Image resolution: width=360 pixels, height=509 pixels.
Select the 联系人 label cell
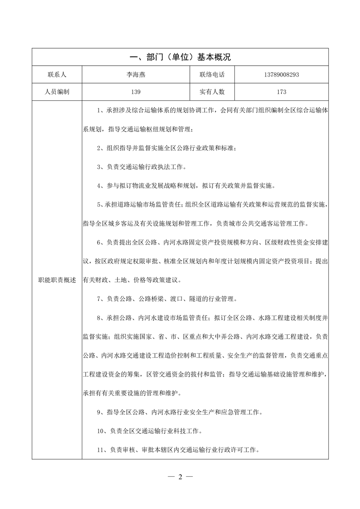click(x=57, y=75)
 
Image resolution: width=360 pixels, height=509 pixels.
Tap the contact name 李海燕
click(x=135, y=75)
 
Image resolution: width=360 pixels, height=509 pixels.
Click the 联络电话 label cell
click(x=212, y=75)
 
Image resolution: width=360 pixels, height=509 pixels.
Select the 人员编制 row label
click(x=57, y=92)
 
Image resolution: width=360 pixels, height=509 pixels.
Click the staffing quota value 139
click(x=135, y=92)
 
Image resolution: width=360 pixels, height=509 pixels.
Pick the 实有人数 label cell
click(x=212, y=92)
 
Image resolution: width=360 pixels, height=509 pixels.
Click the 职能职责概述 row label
click(x=57, y=280)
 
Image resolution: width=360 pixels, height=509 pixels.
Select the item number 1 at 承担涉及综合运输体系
click(x=99, y=110)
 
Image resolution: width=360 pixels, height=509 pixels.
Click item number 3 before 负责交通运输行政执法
click(x=99, y=167)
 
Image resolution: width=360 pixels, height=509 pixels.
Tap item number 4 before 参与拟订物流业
click(x=99, y=186)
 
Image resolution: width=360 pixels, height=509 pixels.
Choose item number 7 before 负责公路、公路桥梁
click(x=99, y=299)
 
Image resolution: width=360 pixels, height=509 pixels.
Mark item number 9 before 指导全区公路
click(x=99, y=412)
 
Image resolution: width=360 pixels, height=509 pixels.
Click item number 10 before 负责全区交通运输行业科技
click(x=101, y=431)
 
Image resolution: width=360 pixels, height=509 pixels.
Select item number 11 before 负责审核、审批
click(x=101, y=450)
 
